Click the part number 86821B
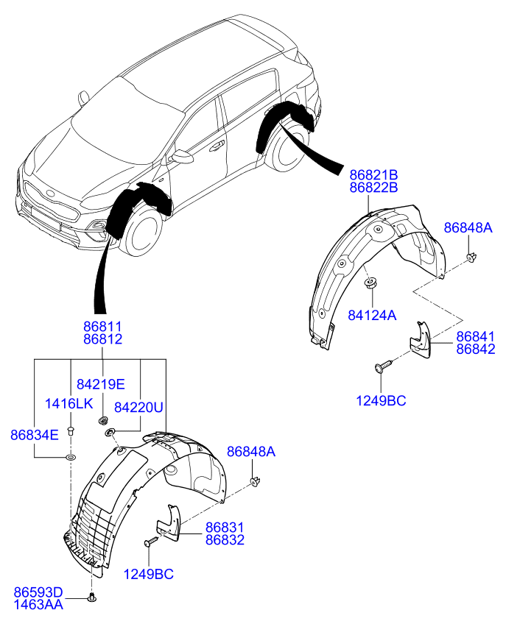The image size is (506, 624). point(373,174)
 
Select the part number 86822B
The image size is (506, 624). point(373,188)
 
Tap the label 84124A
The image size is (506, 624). point(372,315)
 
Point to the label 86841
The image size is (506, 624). point(475,336)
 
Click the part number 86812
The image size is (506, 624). point(103,339)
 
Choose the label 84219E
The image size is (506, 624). point(100,384)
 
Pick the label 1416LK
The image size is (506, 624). point(69,403)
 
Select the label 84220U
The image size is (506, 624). point(138,407)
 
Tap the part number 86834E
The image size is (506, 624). point(35,435)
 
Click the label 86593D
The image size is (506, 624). point(38,592)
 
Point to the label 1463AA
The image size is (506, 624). point(38,605)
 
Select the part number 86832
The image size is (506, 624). point(225,540)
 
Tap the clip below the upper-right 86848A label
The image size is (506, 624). point(471,257)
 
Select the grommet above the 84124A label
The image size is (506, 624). point(371,283)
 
